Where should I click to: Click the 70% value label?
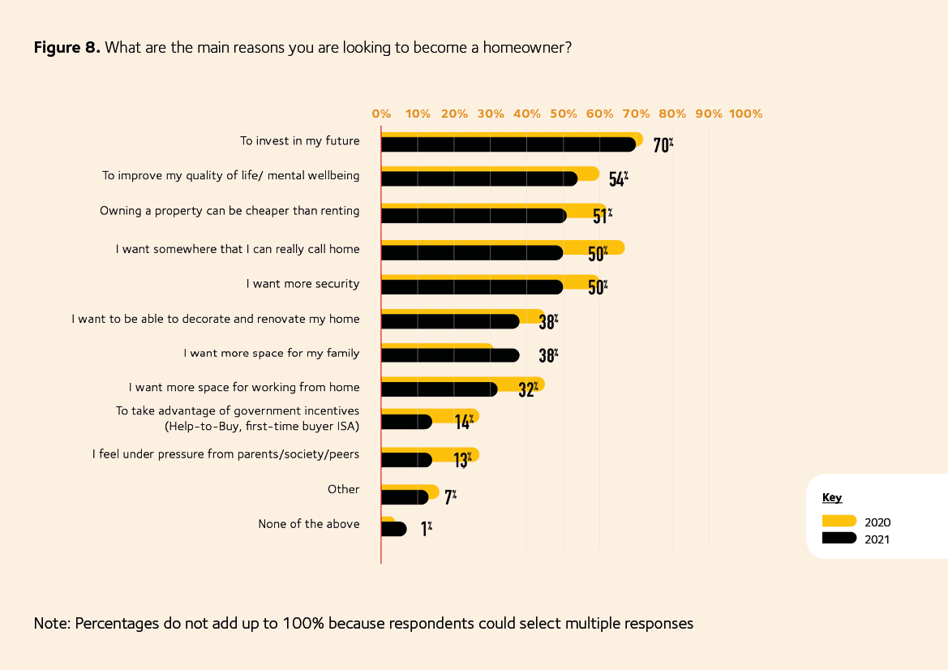pyautogui.click(x=663, y=145)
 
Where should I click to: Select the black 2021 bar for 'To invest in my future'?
pyautogui.click(x=507, y=144)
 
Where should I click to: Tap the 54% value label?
pyautogui.click(x=618, y=179)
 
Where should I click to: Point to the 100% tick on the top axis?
pyautogui.click(x=745, y=114)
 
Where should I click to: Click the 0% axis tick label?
pyautogui.click(x=381, y=114)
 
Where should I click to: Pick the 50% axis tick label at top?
pyautogui.click(x=563, y=114)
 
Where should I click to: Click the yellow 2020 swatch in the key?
pyautogui.click(x=839, y=522)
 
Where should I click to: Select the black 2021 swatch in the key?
pyautogui.click(x=839, y=538)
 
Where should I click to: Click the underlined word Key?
pyautogui.click(x=832, y=497)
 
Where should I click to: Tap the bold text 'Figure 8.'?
pyautogui.click(x=66, y=47)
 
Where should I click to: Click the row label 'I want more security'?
pyautogui.click(x=302, y=284)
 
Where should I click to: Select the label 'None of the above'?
pyautogui.click(x=308, y=524)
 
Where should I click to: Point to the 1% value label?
pyautogui.click(x=426, y=530)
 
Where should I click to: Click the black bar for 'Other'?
pyautogui.click(x=403, y=497)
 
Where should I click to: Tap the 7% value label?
pyautogui.click(x=450, y=495)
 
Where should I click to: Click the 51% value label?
pyautogui.click(x=602, y=216)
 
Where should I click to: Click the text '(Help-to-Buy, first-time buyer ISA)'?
pyautogui.click(x=261, y=426)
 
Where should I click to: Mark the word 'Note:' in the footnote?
pyautogui.click(x=52, y=624)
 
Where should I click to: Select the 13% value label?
pyautogui.click(x=463, y=459)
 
